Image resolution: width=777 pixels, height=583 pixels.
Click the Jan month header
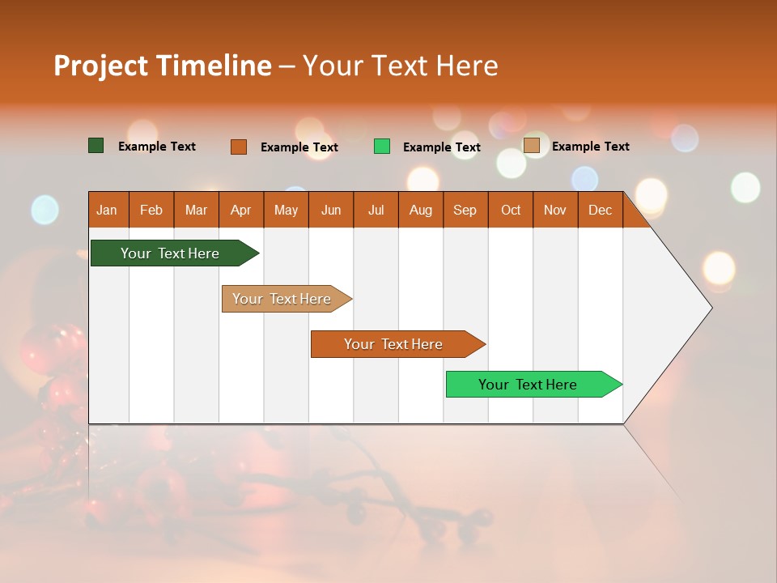(107, 210)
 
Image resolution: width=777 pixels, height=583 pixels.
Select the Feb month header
(151, 210)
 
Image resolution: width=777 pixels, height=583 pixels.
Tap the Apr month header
(241, 210)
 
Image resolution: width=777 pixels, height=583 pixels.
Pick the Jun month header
(331, 210)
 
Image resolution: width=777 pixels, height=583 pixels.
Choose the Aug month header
(421, 210)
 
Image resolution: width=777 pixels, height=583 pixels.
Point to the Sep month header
(465, 210)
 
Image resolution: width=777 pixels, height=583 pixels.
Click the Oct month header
(511, 210)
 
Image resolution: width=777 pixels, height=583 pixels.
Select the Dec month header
(601, 210)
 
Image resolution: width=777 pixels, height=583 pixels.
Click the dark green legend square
(96, 146)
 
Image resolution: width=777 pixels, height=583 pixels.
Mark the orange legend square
(239, 147)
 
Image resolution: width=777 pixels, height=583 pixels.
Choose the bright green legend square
(382, 147)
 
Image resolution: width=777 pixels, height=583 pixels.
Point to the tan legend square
(532, 146)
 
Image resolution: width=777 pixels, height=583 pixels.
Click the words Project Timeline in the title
(163, 66)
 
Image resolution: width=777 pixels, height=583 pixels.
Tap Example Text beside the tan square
(591, 147)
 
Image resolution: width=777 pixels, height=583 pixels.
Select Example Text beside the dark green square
(157, 147)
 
